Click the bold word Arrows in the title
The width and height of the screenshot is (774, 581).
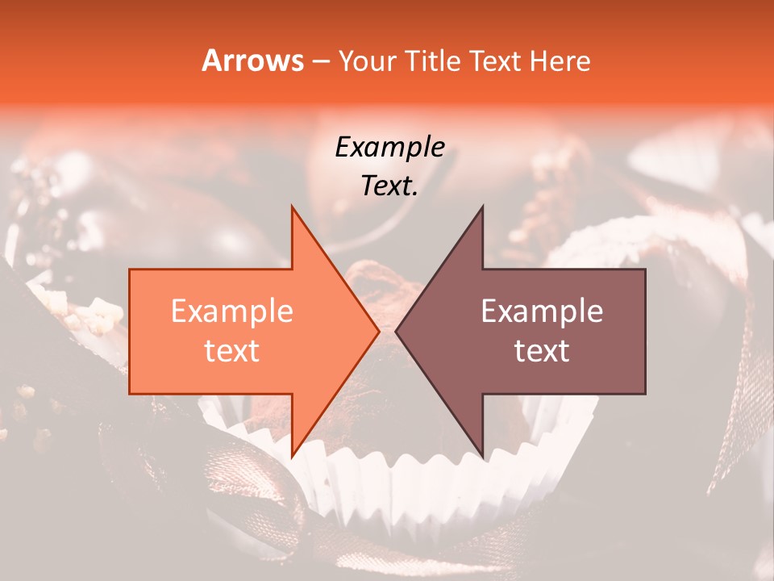click(x=253, y=61)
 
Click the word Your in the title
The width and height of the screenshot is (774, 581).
click(x=367, y=61)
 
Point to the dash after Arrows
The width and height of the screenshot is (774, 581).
click(x=321, y=62)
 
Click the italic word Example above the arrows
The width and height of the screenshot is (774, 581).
click(x=389, y=148)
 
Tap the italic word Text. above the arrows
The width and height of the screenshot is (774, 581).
click(x=389, y=186)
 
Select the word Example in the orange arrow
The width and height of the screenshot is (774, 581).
click(x=232, y=311)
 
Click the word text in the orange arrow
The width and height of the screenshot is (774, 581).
click(x=232, y=351)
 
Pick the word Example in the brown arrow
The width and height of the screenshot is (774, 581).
click(x=542, y=311)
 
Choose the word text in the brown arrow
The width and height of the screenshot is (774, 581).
click(x=542, y=351)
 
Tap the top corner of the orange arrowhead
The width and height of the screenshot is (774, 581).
click(x=293, y=207)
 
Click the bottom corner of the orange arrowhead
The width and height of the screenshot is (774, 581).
click(x=293, y=455)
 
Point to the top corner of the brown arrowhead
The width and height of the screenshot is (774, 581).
click(x=482, y=207)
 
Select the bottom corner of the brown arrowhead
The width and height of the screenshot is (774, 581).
click(x=482, y=455)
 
